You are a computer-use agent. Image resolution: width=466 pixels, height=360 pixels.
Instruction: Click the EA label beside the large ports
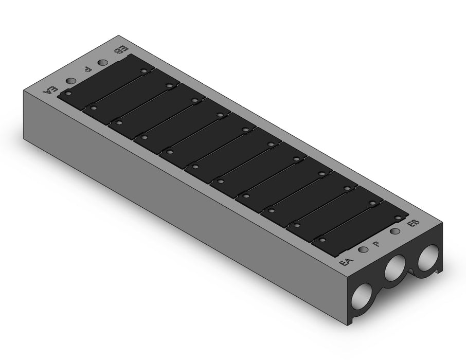pos(346,262)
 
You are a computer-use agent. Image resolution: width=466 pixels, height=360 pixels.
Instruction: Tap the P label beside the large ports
pos(377,244)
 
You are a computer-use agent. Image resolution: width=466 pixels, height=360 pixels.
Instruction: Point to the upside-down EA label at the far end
pos(49,89)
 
